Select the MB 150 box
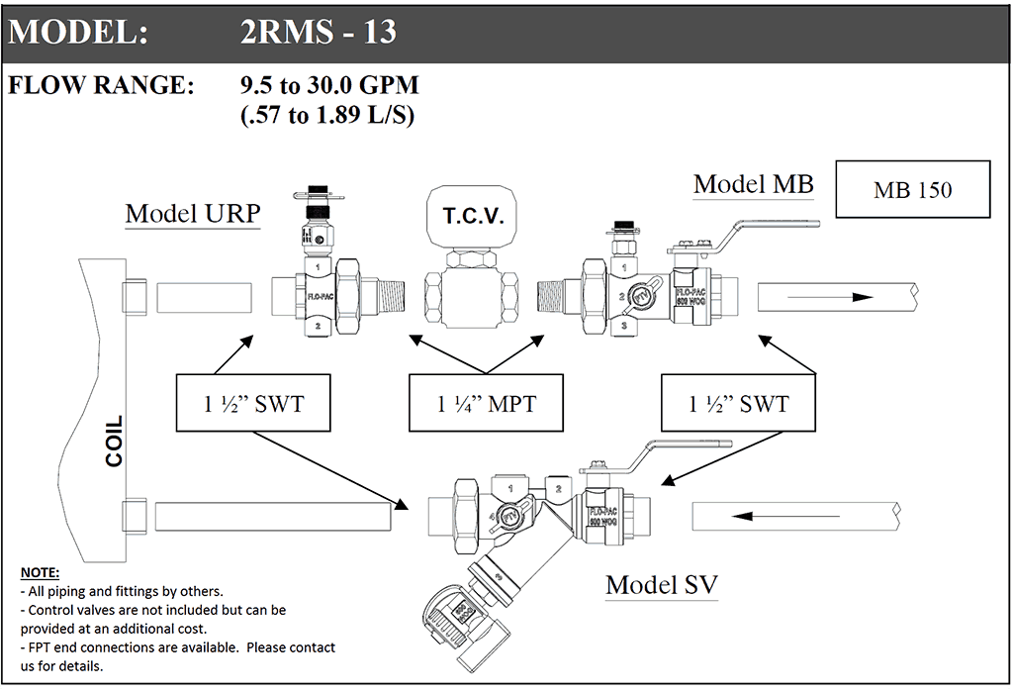pos(912,189)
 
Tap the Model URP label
pos(192,214)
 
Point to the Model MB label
pos(753,183)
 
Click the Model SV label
pos(662,584)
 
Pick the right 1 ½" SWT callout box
pos(739,403)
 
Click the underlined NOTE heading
pos(40,573)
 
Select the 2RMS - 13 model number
pos(318,33)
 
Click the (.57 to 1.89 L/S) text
pos(326,116)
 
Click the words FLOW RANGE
pos(102,86)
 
